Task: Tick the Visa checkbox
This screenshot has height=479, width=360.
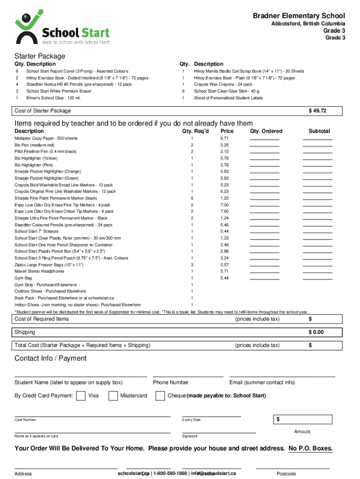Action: coord(80,396)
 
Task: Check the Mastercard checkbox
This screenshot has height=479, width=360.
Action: coord(113,396)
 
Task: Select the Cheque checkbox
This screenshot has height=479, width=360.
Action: coord(160,396)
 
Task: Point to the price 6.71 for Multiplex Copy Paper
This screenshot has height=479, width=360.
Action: coord(224,138)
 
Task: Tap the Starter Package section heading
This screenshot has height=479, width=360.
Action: coord(40,56)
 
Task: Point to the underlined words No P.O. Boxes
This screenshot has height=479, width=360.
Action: coord(310,448)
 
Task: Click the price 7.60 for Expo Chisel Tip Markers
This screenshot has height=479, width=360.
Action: coord(224,211)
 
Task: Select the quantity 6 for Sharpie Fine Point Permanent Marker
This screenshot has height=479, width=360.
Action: coord(192,198)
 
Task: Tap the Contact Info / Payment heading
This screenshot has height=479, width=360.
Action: coord(50,358)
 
